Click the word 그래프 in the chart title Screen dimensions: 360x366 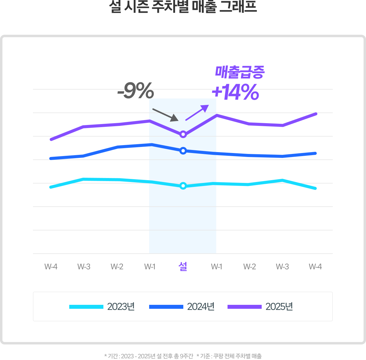click(x=238, y=7)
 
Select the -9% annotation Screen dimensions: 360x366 click(x=136, y=91)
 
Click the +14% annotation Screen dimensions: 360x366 click(x=235, y=93)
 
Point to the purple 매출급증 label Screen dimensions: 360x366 click(x=240, y=72)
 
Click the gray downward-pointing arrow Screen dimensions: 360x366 click(x=165, y=115)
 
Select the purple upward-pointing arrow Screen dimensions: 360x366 click(x=197, y=112)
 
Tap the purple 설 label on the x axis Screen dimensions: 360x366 click(x=183, y=266)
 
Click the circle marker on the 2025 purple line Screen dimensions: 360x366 click(x=183, y=134)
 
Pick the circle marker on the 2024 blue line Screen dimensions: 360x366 click(x=183, y=151)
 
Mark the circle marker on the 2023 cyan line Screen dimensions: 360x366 click(x=183, y=186)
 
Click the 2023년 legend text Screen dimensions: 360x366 click(x=121, y=307)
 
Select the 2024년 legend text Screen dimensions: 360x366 click(x=201, y=307)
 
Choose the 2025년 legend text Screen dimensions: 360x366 click(x=279, y=307)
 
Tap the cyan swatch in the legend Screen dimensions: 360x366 click(x=86, y=307)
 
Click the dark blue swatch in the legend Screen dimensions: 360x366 click(x=166, y=307)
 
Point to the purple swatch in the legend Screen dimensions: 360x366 click(x=245, y=307)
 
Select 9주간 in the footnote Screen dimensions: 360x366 click(x=187, y=356)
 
